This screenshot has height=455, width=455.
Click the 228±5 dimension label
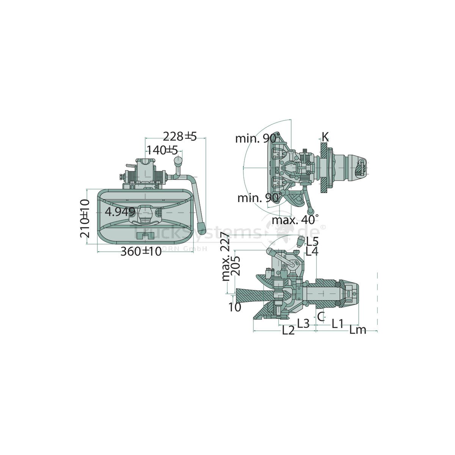click(180, 136)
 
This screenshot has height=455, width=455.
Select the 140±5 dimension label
click(162, 151)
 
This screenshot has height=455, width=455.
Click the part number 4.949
click(120, 212)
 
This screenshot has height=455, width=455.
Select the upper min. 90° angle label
click(258, 138)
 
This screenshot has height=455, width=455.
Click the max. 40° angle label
click(295, 220)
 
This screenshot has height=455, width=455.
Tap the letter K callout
click(325, 137)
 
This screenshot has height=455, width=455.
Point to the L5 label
click(312, 241)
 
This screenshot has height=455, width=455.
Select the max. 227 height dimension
click(226, 257)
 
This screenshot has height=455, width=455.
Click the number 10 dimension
click(235, 307)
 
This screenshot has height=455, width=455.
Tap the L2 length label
click(288, 330)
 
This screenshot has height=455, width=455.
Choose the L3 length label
click(303, 323)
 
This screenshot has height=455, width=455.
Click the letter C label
click(321, 316)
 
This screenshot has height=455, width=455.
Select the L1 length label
click(337, 323)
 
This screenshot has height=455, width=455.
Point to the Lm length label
click(358, 330)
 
